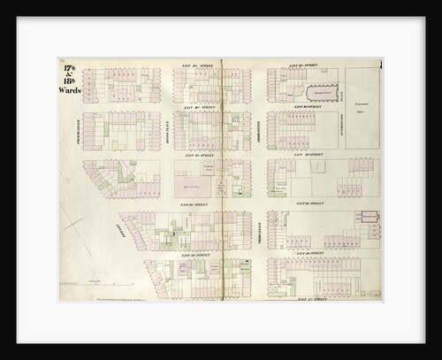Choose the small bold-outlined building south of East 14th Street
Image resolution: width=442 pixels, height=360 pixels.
(x=365, y=214)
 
